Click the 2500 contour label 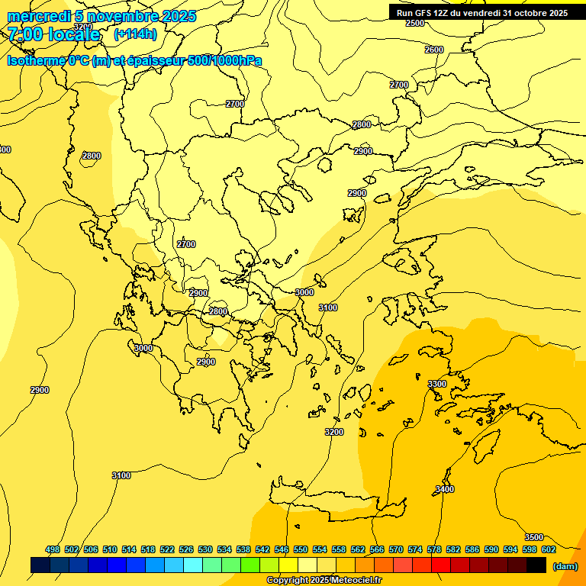(414, 24)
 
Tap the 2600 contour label (433, 50)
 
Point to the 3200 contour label (333, 432)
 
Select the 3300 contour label (437, 384)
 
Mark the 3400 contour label (445, 489)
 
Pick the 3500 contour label (534, 537)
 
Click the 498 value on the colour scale (53, 549)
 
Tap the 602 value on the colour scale (549, 549)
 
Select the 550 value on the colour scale (301, 549)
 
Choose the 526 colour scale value (186, 549)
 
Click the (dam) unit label (565, 565)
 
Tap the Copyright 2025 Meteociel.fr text (324, 581)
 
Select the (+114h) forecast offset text (135, 34)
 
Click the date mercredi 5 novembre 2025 (101, 16)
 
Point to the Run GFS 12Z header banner (481, 13)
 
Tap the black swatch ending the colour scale (536, 565)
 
